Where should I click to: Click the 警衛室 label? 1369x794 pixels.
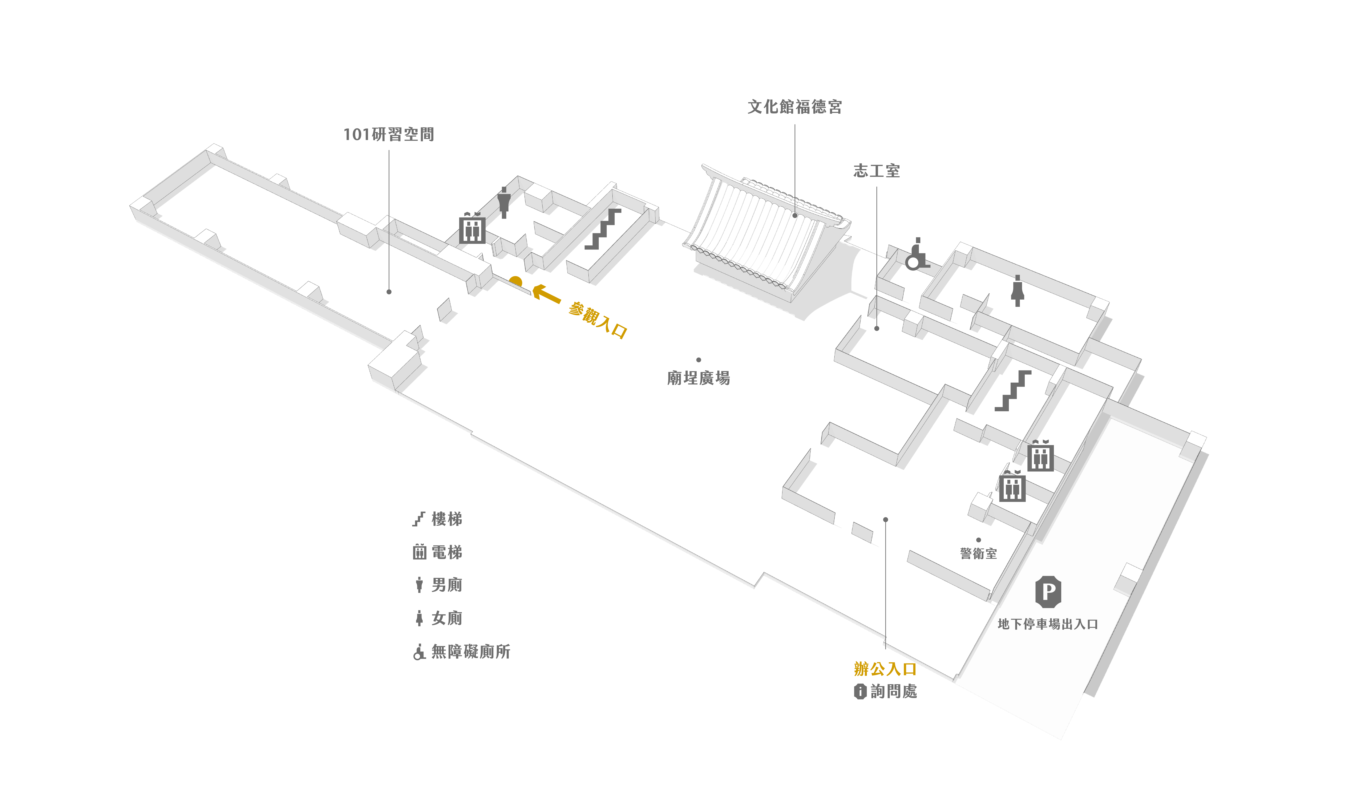click(x=978, y=553)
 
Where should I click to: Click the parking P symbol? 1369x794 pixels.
click(x=1048, y=591)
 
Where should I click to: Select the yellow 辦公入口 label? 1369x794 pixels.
click(x=885, y=669)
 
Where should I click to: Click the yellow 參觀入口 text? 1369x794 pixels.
click(x=598, y=320)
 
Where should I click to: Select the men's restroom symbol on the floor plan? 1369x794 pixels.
click(x=504, y=202)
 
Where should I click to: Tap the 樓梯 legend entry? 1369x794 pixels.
click(x=438, y=519)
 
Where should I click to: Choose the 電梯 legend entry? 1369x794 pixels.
click(x=438, y=552)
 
